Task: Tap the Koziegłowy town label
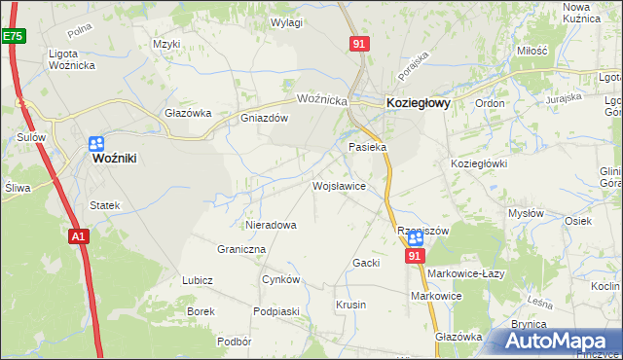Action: click(x=418, y=100)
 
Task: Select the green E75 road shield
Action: click(x=12, y=35)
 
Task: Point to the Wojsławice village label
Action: click(x=338, y=185)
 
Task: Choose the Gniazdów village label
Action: click(x=265, y=119)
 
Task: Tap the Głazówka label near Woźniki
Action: click(x=188, y=112)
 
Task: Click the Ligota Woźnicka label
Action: click(x=75, y=59)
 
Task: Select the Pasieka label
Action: click(x=368, y=147)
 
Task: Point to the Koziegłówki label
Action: click(x=479, y=163)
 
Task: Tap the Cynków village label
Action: click(x=281, y=279)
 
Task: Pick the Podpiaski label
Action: click(x=275, y=310)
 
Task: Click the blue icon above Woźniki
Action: click(x=95, y=142)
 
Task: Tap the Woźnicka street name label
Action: click(x=322, y=99)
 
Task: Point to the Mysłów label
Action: click(x=526, y=212)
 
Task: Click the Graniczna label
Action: click(x=242, y=249)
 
